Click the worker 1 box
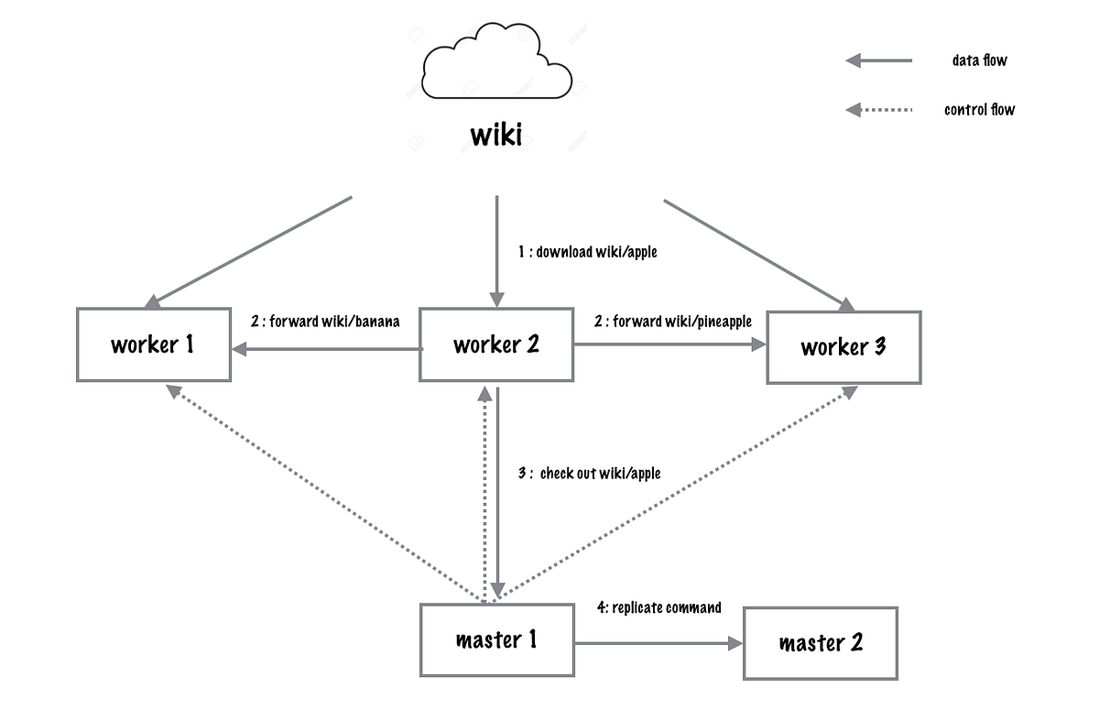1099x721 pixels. point(153,345)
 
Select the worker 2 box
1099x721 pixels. point(496,345)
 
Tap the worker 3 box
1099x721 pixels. point(843,347)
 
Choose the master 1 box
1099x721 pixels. point(496,639)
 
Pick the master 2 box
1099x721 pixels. point(821,642)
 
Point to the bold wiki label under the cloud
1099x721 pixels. point(496,136)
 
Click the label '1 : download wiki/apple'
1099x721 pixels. point(587,252)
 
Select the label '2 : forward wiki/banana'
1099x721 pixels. point(325,322)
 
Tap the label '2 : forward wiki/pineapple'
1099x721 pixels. point(673,322)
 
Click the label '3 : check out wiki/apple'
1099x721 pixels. point(589,474)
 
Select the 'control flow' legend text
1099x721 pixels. point(979,110)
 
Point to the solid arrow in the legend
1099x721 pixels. point(879,60)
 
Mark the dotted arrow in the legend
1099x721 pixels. point(879,110)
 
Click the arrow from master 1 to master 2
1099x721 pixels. point(658,644)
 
